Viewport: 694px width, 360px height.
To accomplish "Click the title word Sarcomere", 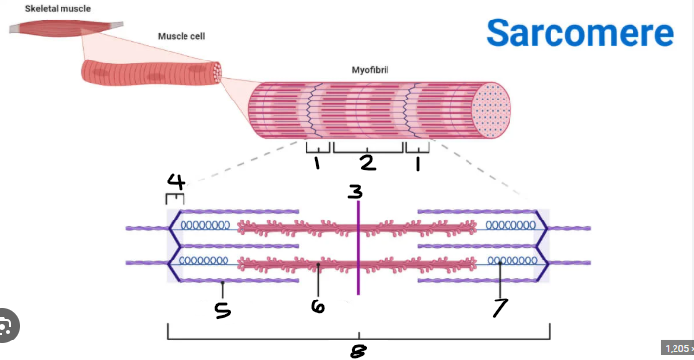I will (579, 32).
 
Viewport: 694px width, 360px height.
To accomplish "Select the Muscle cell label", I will (182, 36).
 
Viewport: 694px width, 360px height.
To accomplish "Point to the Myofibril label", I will (377, 70).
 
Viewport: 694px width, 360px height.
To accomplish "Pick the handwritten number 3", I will (356, 192).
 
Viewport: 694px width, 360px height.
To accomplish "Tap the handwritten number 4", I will (176, 181).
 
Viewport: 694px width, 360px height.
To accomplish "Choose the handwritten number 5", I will (223, 310).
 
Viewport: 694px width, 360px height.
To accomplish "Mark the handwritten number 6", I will (318, 306).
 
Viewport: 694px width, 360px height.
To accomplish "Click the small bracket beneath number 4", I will (175, 198).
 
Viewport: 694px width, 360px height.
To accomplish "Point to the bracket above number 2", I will (368, 149).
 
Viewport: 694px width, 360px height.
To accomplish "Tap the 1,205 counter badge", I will (677, 348).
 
